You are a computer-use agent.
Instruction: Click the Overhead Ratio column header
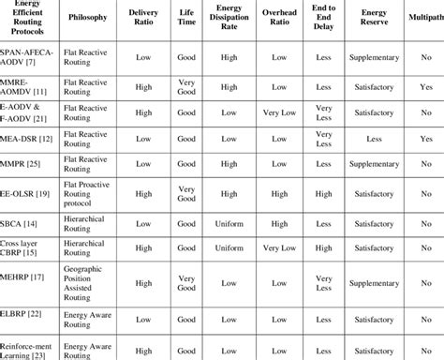coord(279,17)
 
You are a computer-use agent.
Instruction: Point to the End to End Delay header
coord(324,17)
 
